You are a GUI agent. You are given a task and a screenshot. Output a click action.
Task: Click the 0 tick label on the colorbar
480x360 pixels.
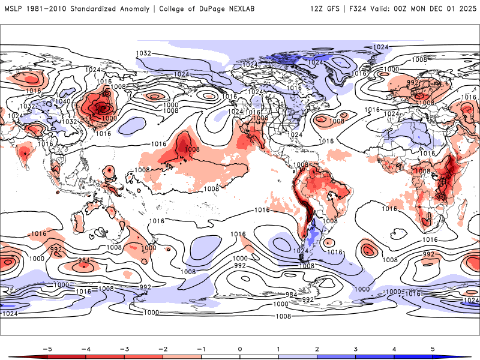[240, 348]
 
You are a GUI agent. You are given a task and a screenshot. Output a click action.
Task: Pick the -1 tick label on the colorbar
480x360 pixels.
[201, 348]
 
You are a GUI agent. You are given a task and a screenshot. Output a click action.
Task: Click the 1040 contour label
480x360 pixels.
[62, 101]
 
